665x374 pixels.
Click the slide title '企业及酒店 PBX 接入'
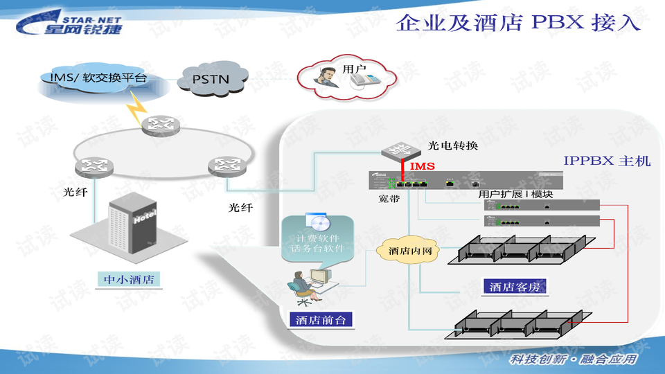point(517,22)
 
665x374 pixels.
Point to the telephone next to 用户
point(364,81)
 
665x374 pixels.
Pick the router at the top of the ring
point(160,125)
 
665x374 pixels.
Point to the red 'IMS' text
point(422,167)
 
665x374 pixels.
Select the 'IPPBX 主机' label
point(607,161)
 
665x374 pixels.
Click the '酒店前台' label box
point(320,320)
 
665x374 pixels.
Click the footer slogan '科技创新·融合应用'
point(571,359)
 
